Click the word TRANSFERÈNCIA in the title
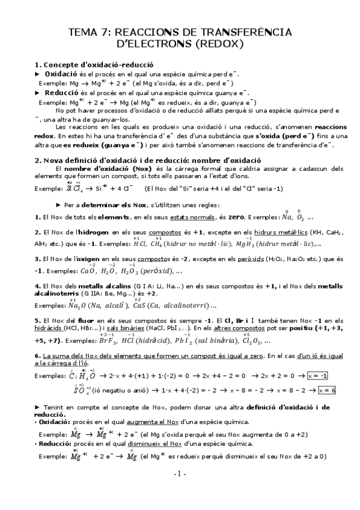tap(247, 32)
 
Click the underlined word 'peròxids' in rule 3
tap(255, 259)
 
